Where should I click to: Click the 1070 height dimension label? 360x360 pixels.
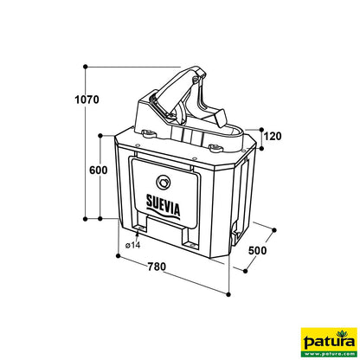point(86,100)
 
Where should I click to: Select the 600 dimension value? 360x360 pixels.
point(98,170)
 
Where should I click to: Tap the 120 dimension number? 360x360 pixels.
point(273,135)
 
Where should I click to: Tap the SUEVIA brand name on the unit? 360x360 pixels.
point(161,206)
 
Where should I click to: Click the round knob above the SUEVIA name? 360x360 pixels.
point(162,183)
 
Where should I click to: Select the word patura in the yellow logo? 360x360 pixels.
point(328,341)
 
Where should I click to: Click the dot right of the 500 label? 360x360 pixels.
point(275,229)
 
